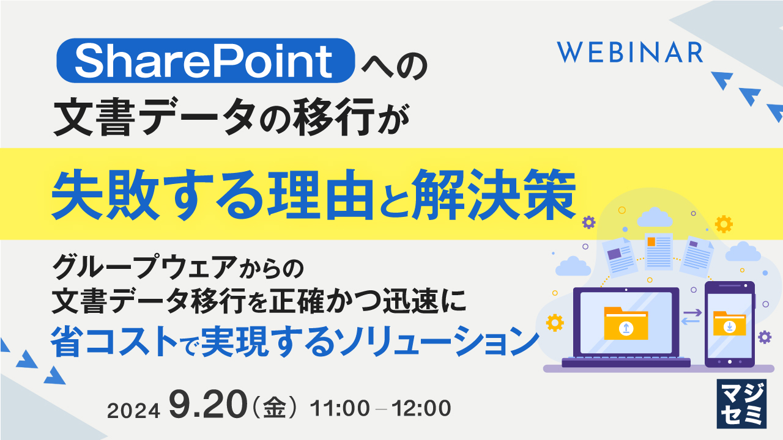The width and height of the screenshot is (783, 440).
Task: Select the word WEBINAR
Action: point(630,53)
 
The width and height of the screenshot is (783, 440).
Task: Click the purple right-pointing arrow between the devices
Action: point(692,313)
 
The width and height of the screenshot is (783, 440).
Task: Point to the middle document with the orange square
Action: point(658,251)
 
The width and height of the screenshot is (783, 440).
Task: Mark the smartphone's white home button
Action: point(729,361)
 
